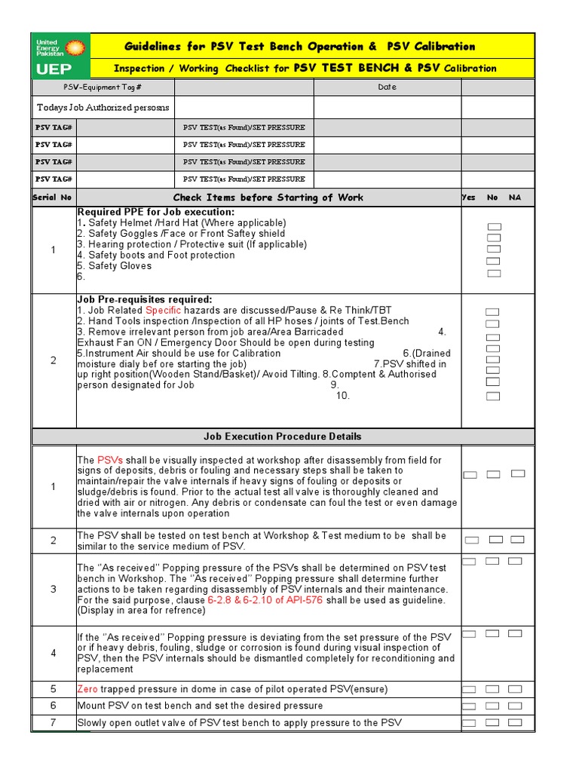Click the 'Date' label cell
coord(387,87)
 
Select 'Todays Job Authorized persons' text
coord(103,108)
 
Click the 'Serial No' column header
coord(53,198)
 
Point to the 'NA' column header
coord(515,198)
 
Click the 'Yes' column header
coord(469,198)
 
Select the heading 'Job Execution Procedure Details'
coord(283,437)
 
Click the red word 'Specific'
coord(164,311)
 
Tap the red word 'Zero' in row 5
coord(87,689)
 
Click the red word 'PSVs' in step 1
coord(110,460)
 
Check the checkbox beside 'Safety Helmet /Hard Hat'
coord(494,227)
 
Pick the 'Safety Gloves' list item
coord(119,266)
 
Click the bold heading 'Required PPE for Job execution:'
coord(156,212)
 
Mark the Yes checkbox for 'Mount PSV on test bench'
coord(469,706)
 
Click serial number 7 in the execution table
coord(53,723)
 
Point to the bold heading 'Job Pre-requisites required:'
coord(145,299)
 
